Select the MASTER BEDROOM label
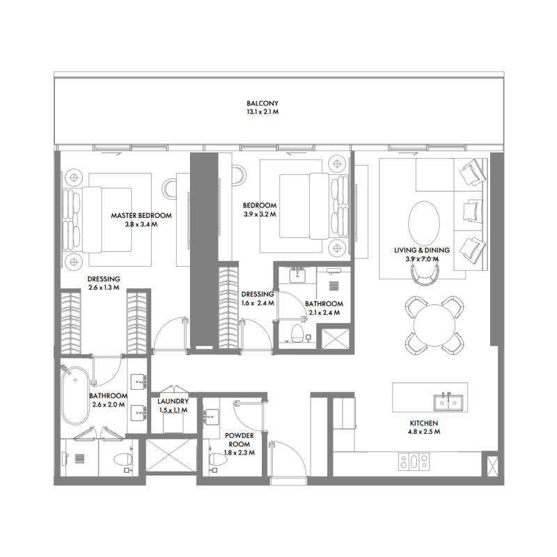pyautogui.click(x=141, y=216)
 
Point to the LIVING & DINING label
pyautogui.click(x=422, y=250)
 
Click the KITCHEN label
pyautogui.click(x=423, y=423)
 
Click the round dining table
pyautogui.click(x=434, y=324)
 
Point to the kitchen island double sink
pyautogui.click(x=448, y=402)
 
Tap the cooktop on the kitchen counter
pyautogui.click(x=413, y=460)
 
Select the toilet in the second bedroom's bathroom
pyautogui.click(x=297, y=333)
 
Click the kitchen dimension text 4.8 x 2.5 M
pyautogui.click(x=423, y=432)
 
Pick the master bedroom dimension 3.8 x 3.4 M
pyautogui.click(x=141, y=225)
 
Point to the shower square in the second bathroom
pyautogui.click(x=332, y=338)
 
